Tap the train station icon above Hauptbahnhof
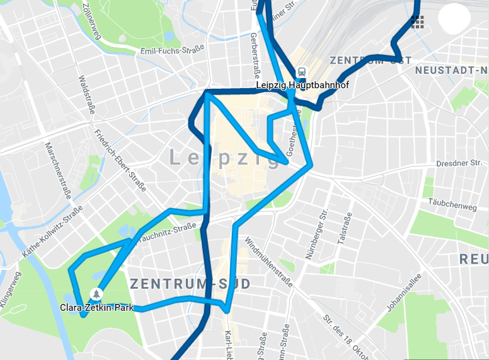tap(302, 72)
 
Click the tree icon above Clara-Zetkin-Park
tap(96, 293)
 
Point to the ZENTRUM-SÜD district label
tap(190, 284)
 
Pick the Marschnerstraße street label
tap(56, 171)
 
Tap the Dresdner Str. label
tap(459, 163)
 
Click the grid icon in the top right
tap(417, 23)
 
